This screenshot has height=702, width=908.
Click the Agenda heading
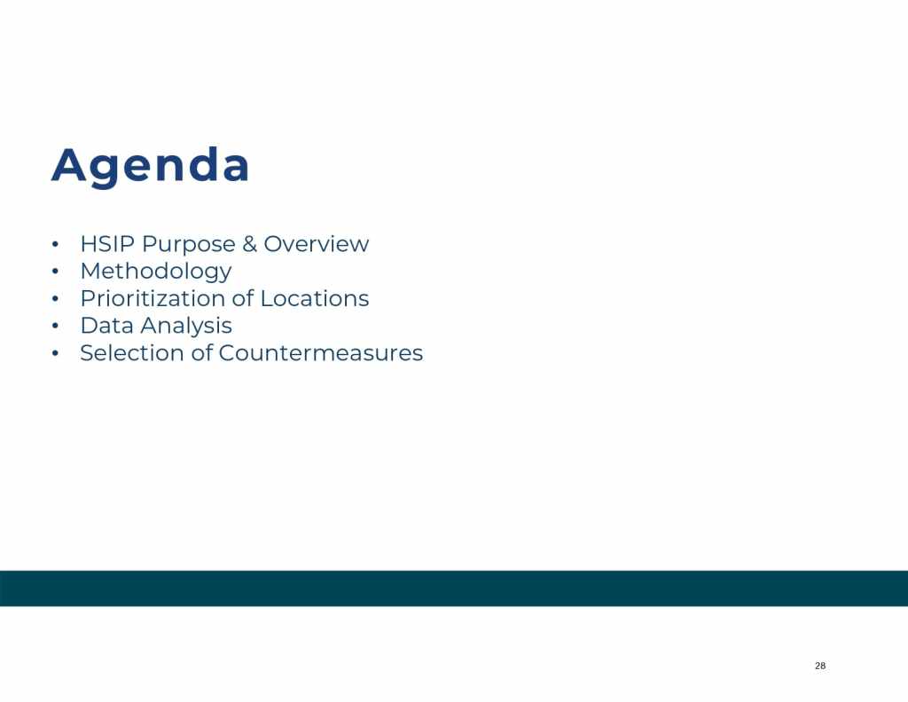(151, 167)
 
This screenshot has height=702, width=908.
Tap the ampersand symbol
(249, 244)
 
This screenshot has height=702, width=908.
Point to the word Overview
(317, 244)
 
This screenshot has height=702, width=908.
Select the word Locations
(315, 298)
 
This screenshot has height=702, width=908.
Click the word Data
(107, 326)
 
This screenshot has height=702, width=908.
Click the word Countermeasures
(321, 353)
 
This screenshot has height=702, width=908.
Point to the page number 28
(820, 666)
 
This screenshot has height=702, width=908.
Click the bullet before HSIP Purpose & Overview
(55, 244)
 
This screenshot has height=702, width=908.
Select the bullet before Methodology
(55, 272)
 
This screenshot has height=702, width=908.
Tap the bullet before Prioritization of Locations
(55, 298)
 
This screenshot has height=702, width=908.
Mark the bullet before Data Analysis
(55, 326)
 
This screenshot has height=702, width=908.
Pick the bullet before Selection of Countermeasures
(55, 353)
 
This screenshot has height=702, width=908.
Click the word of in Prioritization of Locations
(243, 298)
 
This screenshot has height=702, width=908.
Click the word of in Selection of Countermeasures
(201, 353)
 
